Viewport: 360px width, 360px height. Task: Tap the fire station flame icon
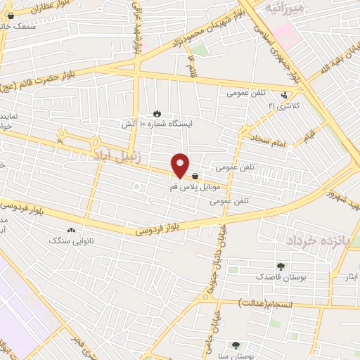[157, 114]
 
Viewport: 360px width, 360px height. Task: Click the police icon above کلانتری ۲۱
[284, 96]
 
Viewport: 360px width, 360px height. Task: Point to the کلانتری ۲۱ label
[284, 105]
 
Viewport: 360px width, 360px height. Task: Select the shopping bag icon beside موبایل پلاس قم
[194, 177]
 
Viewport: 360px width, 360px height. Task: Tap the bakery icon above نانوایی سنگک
[70, 231]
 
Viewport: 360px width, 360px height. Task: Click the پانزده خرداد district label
[317, 241]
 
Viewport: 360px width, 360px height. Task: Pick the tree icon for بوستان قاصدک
[281, 267]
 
